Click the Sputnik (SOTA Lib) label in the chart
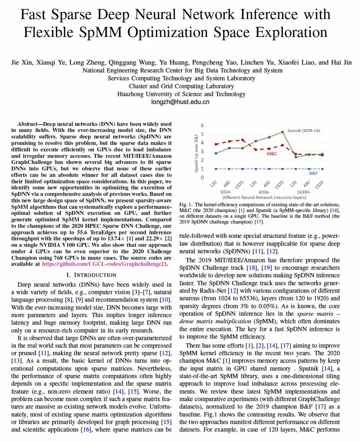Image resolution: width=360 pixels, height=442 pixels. click(303, 131)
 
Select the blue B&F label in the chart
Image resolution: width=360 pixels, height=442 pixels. click(314, 173)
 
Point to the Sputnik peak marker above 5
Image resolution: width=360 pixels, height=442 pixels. click(283, 132)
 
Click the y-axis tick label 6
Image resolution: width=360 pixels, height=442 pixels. click(202, 125)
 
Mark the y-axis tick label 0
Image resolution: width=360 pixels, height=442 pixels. click(202, 177)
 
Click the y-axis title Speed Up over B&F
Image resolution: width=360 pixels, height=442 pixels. click(196, 151)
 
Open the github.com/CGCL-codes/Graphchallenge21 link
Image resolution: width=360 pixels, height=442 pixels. click(105, 264)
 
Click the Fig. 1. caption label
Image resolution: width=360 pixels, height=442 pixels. click(186, 204)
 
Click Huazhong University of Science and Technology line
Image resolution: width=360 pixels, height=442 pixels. click(181, 94)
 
